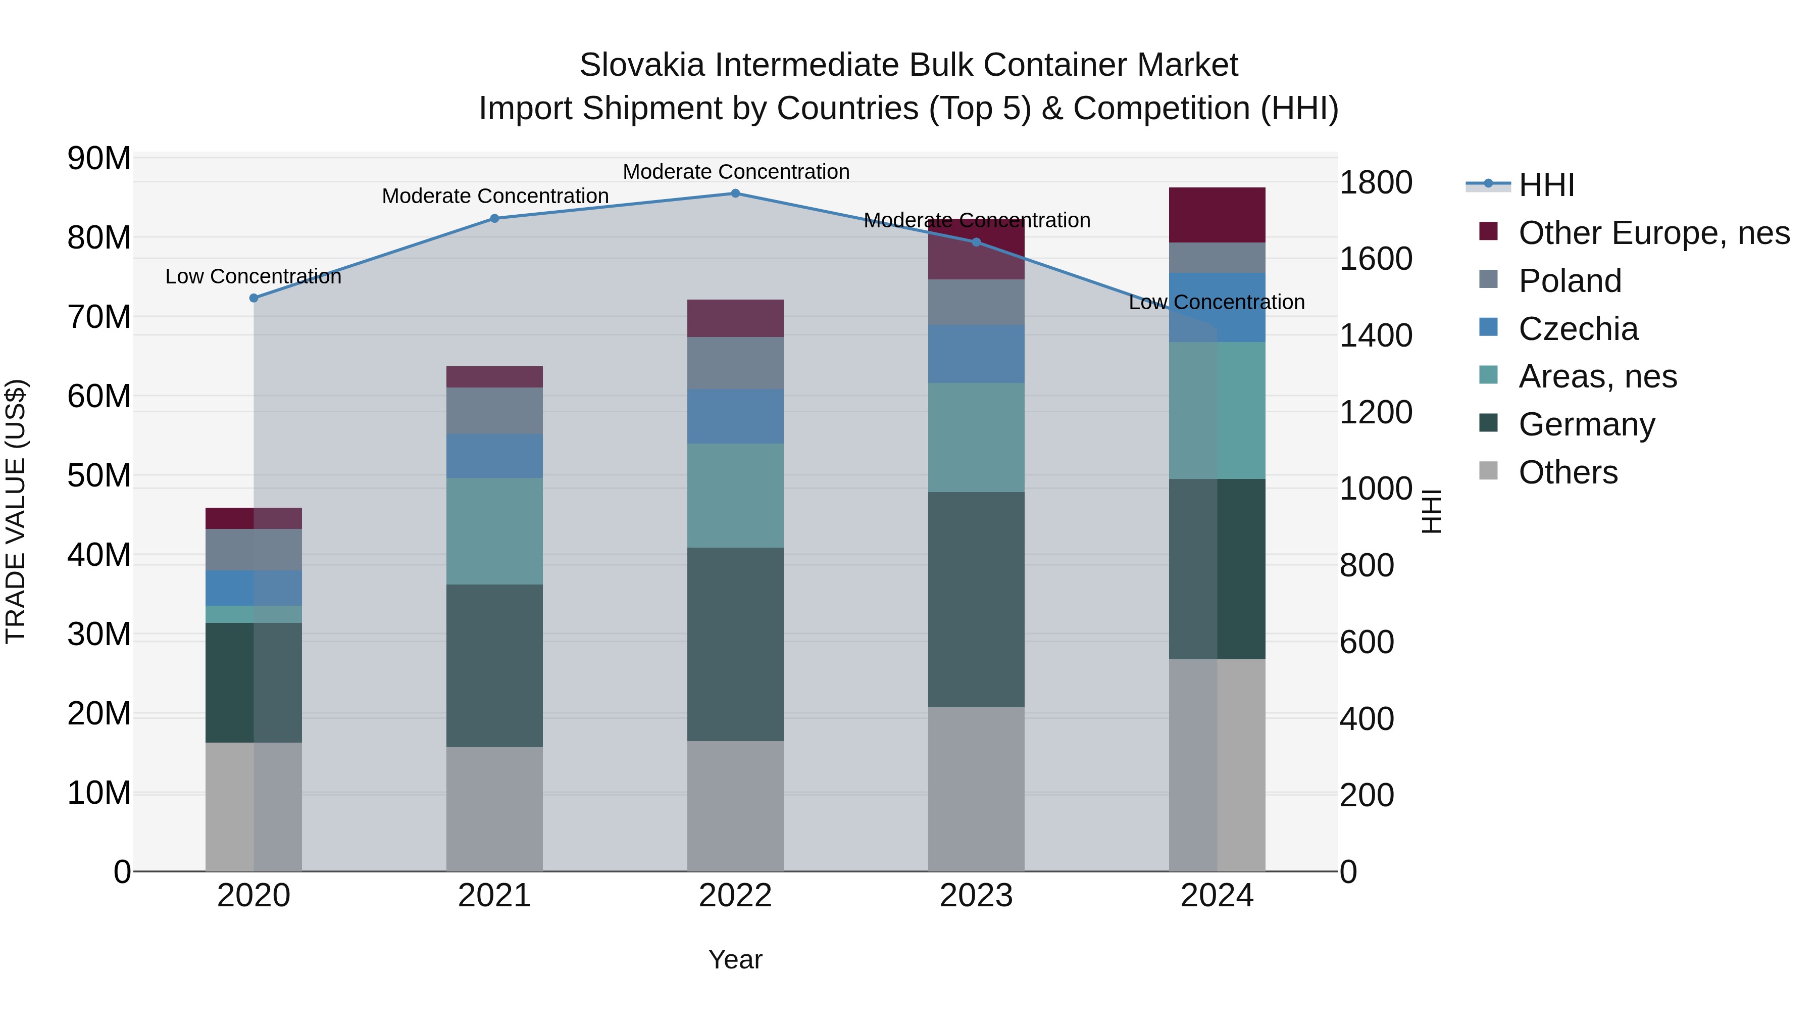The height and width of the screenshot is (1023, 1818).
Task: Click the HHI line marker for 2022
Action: click(x=735, y=193)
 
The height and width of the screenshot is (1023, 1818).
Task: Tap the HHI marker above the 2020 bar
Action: click(x=254, y=298)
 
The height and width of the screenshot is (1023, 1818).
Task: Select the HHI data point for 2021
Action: click(x=495, y=219)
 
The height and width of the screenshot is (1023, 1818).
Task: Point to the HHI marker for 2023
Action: click(x=976, y=242)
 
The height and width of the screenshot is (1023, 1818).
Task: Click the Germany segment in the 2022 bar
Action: click(x=735, y=644)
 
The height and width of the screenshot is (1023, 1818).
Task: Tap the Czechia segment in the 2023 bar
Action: click(x=976, y=354)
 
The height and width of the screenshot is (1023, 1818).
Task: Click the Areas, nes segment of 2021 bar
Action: click(x=495, y=531)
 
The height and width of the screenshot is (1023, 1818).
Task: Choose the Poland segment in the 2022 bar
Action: click(x=735, y=363)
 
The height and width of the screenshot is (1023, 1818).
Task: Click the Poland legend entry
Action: click(x=1570, y=281)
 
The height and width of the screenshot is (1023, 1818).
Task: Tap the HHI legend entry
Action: click(x=1546, y=185)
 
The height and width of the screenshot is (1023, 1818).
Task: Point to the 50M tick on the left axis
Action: click(x=99, y=476)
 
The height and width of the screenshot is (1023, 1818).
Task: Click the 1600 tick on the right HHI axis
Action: click(x=1376, y=259)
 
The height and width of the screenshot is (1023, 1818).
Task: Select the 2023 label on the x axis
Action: click(x=976, y=896)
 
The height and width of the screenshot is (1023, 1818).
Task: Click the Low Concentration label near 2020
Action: click(x=254, y=277)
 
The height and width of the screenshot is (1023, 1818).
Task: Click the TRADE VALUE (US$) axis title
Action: click(x=16, y=511)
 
